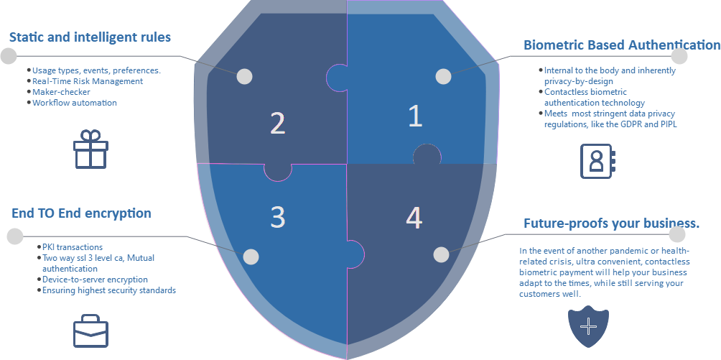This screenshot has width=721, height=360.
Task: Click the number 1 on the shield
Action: coord(415,116)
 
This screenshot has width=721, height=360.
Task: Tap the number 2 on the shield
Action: coord(278,123)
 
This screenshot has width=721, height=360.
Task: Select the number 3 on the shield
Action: coord(278,217)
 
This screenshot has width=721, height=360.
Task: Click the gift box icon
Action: coord(90,149)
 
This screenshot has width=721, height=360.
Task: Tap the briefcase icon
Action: coord(91,331)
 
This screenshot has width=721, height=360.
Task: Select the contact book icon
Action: coord(597,161)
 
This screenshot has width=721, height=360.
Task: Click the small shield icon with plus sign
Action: coord(589,326)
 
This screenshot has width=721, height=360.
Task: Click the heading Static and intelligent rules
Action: coord(90,37)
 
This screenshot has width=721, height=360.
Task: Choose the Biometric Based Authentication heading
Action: coord(622,45)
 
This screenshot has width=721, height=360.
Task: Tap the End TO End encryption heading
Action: coord(81,213)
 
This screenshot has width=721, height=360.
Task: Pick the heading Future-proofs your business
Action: coord(612,223)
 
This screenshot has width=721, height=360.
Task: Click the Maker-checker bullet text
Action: coord(61,92)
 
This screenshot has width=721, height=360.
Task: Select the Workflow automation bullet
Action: coord(75,103)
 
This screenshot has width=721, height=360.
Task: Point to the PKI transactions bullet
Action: coord(73,247)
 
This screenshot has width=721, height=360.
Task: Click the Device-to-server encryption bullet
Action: coord(96,280)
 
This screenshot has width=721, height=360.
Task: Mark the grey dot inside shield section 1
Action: coord(443,76)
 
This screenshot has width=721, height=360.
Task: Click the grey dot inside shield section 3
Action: coord(251,257)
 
